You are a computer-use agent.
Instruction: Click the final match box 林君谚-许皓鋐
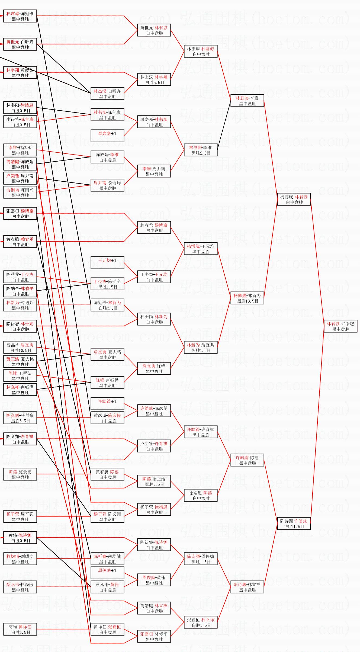[x=340, y=326]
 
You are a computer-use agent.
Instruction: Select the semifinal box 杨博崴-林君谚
[x=294, y=199]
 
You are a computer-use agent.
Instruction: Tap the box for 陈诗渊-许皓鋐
[x=294, y=523]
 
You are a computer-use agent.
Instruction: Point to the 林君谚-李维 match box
[x=247, y=101]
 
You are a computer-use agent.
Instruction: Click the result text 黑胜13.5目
[x=247, y=301]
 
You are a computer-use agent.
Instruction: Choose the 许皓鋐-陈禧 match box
[x=247, y=460]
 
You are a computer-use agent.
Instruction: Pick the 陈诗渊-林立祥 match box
[x=247, y=587]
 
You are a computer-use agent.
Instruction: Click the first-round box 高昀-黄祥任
[x=20, y=629]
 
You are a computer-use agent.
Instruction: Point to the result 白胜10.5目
[x=21, y=350]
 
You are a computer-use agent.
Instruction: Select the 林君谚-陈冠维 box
[x=20, y=16]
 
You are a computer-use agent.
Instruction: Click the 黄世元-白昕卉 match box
[x=20, y=44]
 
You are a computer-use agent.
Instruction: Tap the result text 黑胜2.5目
[x=201, y=153]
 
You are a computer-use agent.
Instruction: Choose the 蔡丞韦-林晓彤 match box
[x=20, y=587]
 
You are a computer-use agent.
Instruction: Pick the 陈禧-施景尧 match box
[x=20, y=474]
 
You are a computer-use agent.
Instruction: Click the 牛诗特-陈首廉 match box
[x=20, y=122]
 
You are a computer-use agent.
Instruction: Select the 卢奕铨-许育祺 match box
[x=154, y=446]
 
